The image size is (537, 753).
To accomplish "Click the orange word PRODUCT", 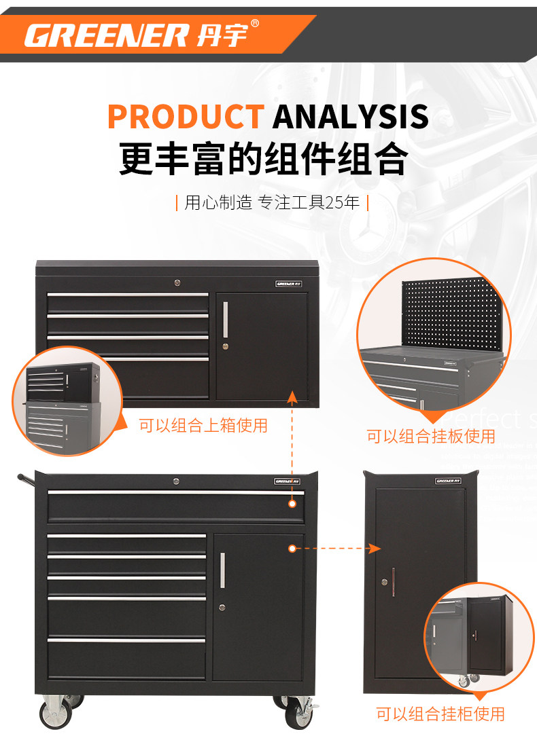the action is tap(185, 117).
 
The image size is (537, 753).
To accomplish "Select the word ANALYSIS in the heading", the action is tap(350, 117).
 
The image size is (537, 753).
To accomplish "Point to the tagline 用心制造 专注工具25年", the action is tap(272, 202).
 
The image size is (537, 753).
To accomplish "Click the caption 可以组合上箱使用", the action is tap(203, 426).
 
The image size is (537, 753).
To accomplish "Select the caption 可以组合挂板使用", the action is tap(431, 436).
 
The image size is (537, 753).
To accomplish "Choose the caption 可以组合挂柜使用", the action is tap(440, 714).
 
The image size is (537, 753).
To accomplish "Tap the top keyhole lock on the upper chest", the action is tap(178, 281).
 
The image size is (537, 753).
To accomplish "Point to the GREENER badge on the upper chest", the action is tap(288, 284).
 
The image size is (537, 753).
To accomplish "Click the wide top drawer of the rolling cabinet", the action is tap(175, 505).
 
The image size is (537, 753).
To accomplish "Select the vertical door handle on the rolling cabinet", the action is tap(222, 570).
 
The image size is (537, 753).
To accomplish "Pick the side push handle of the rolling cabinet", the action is tap(26, 479).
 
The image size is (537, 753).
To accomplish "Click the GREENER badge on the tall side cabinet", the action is tap(448, 481).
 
